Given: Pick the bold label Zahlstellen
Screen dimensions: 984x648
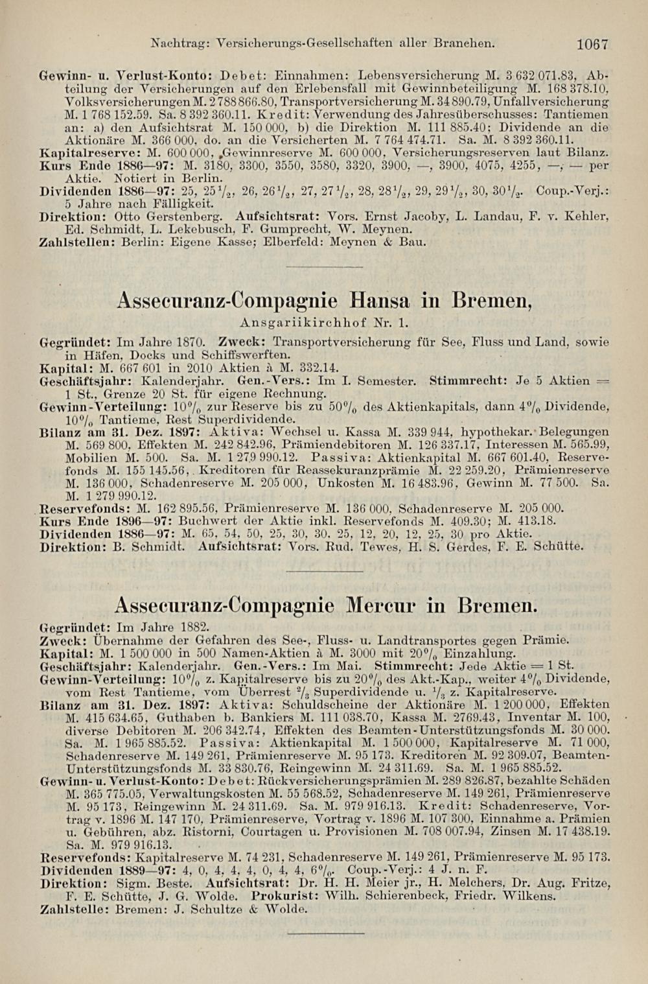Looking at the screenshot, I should (x=69, y=242).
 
